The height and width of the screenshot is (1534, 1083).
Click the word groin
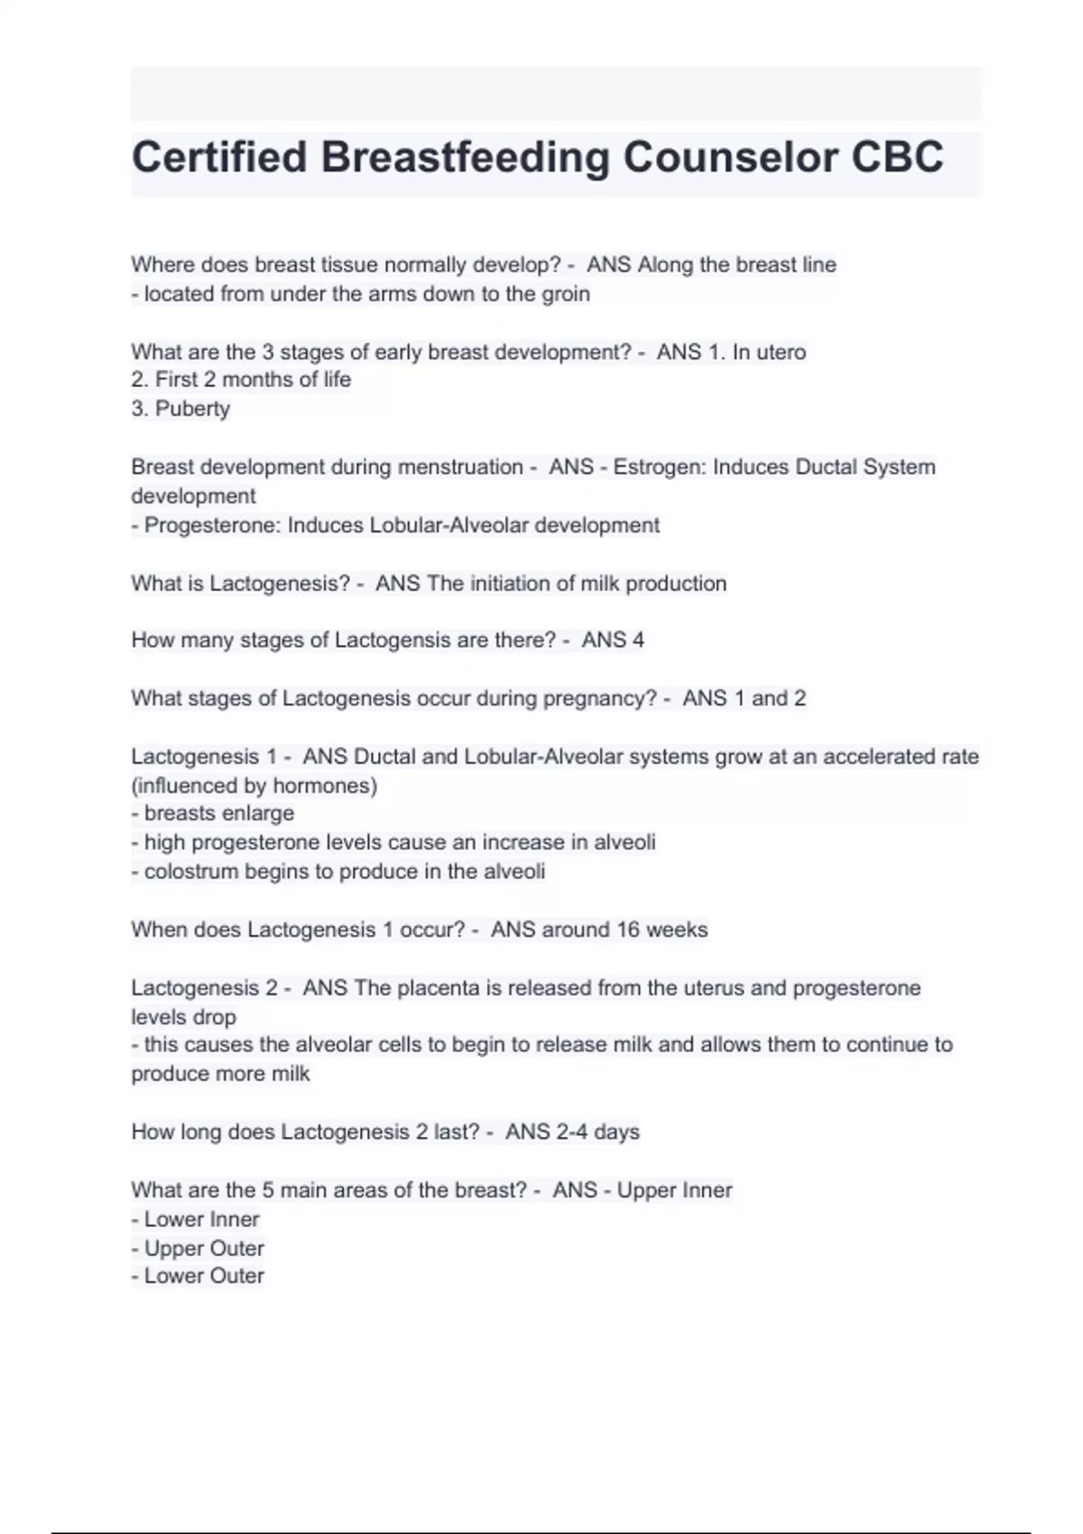point(566,294)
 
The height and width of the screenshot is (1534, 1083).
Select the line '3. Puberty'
point(180,409)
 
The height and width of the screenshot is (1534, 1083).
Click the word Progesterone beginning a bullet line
point(212,525)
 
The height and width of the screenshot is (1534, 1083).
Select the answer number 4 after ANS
point(638,641)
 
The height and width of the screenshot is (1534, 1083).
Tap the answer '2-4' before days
point(572,1132)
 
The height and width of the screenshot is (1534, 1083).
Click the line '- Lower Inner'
point(195,1219)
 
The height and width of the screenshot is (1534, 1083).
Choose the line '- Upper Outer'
point(198,1248)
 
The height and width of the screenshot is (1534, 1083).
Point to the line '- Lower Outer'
point(198,1276)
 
